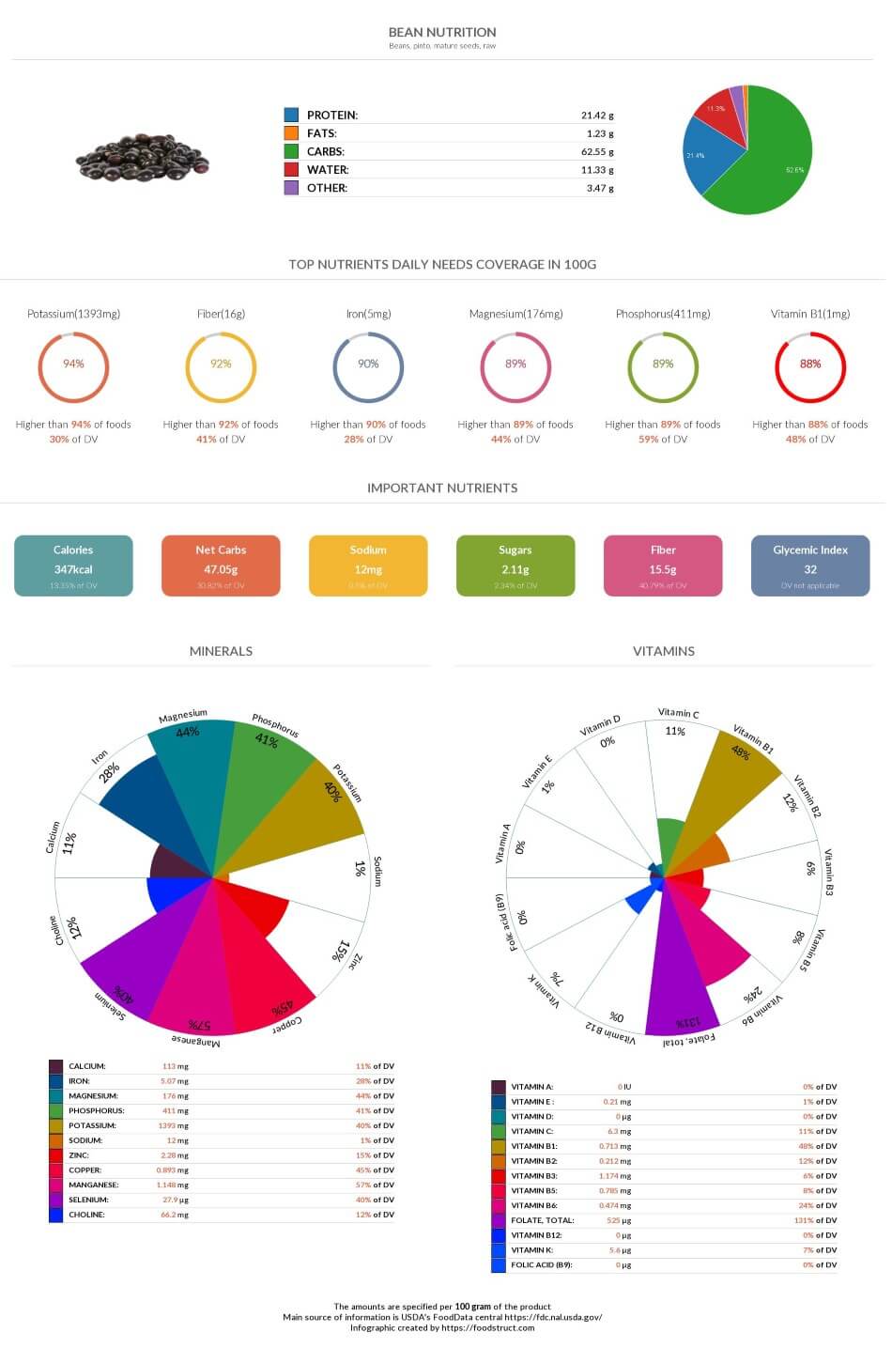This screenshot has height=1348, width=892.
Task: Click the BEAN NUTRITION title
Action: click(x=442, y=32)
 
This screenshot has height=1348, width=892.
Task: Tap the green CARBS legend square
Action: click(x=291, y=151)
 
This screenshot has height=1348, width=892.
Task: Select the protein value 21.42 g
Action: click(x=597, y=116)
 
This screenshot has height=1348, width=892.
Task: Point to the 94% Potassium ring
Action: click(x=73, y=364)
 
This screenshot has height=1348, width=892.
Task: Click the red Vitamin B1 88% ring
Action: click(x=810, y=364)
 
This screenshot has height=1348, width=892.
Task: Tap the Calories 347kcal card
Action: click(x=73, y=566)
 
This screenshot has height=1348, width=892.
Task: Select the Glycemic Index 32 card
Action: click(x=810, y=566)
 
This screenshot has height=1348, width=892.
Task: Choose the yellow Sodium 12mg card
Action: click(x=368, y=566)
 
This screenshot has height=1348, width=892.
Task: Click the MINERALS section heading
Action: click(x=221, y=651)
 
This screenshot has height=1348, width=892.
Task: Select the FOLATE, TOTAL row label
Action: click(x=543, y=1220)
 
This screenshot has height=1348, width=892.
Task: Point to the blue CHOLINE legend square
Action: click(x=56, y=1215)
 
